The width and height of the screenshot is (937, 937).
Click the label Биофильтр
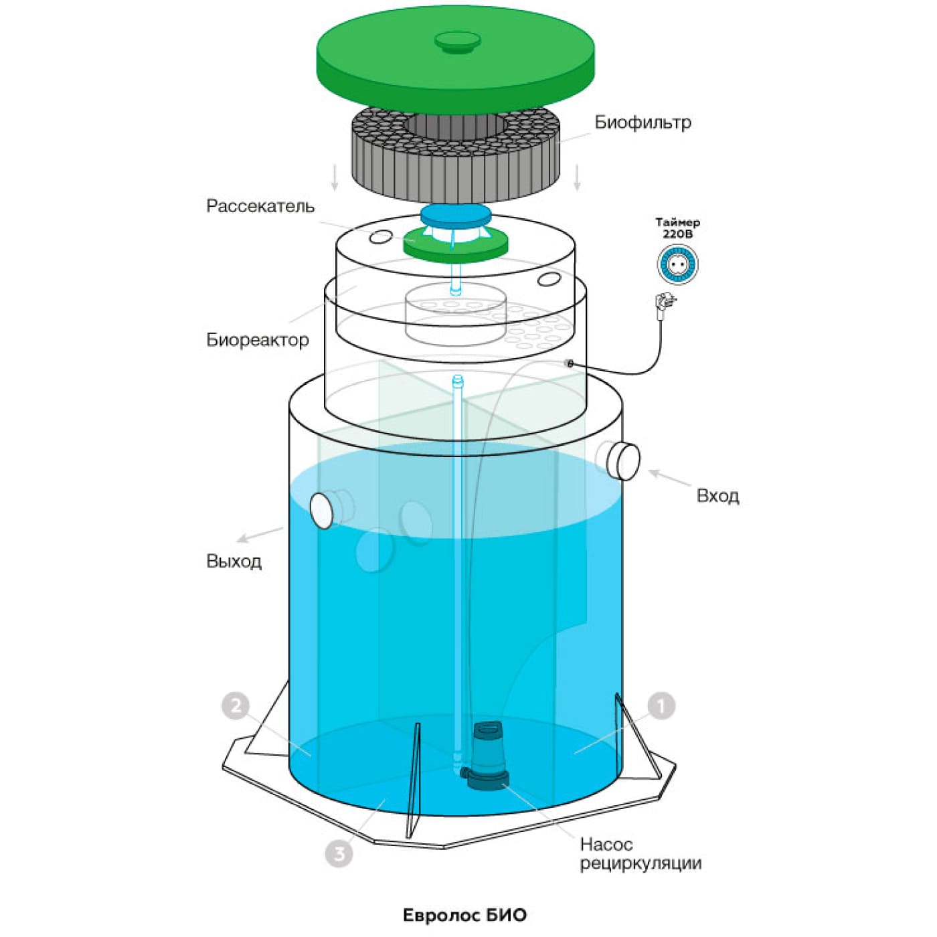click(643, 122)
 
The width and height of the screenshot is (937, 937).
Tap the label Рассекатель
click(260, 206)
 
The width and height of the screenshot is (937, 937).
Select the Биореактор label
click(258, 339)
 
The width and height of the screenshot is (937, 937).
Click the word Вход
click(717, 497)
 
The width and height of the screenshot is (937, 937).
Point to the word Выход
click(234, 562)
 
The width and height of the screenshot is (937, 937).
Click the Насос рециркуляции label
click(641, 854)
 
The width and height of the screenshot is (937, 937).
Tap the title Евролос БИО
click(465, 916)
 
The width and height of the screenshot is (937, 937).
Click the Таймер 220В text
click(677, 228)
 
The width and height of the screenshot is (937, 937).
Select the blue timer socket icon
click(677, 264)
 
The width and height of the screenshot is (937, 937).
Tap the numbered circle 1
click(661, 705)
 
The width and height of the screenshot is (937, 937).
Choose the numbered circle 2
click(236, 705)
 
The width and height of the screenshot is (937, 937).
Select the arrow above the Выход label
click(260, 535)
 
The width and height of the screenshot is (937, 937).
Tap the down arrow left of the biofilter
click(334, 178)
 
